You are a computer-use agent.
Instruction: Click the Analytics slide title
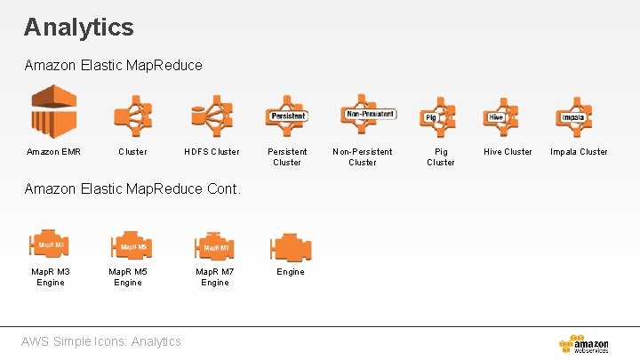[x=79, y=27]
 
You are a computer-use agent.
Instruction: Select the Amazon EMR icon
[x=54, y=111]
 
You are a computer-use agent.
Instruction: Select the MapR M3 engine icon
[x=51, y=244]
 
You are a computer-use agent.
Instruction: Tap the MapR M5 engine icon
[x=131, y=245]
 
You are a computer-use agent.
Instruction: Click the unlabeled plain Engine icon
[x=290, y=246]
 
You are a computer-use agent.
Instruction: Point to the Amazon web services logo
[x=584, y=344]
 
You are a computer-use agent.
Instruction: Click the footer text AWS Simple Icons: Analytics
[x=103, y=341]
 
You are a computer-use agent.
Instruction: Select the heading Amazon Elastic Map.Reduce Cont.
[x=132, y=188]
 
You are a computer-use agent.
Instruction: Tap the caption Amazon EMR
[x=53, y=152]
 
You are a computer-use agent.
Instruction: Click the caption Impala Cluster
[x=579, y=152]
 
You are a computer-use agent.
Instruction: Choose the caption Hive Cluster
[x=508, y=152]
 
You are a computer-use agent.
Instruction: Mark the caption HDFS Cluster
[x=212, y=152]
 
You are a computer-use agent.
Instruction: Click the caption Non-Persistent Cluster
[x=362, y=156]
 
